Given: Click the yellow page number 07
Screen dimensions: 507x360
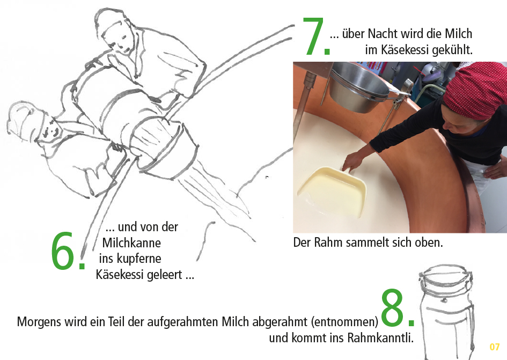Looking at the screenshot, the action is [x=494, y=347].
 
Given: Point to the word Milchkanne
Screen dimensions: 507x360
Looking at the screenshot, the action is [x=131, y=243].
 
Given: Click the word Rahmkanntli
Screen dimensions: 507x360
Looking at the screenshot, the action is [x=380, y=337].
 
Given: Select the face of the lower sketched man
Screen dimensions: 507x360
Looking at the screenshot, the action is [x=52, y=129].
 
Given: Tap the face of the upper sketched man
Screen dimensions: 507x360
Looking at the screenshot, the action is [x=120, y=42].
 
